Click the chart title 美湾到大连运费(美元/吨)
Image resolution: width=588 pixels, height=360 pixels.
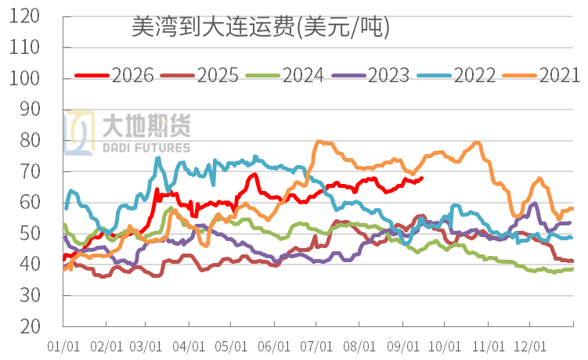[261, 27]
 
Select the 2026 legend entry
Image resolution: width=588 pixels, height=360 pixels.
[114, 75]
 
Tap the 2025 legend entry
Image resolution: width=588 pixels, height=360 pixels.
[200, 75]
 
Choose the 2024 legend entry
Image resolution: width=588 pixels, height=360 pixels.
[285, 75]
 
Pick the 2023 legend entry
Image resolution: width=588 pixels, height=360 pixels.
[370, 75]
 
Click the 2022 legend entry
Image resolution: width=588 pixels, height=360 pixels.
[456, 75]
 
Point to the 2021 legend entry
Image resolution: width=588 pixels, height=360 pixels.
[541, 75]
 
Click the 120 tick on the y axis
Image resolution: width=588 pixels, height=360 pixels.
[24, 16]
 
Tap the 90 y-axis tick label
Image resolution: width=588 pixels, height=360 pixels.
[30, 109]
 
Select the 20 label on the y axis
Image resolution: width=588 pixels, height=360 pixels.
[30, 326]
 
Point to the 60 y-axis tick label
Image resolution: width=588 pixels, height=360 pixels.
[30, 202]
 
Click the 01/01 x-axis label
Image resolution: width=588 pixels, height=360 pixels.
[63, 347]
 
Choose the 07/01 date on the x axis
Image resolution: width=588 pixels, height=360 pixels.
[316, 347]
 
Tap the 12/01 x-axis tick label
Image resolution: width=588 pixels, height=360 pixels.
[530, 347]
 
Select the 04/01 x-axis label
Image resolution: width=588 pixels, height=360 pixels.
[189, 347]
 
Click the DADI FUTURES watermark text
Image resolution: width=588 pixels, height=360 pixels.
[146, 148]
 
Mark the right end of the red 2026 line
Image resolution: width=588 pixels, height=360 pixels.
[422, 178]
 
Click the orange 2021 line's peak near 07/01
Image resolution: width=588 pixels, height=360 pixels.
[319, 142]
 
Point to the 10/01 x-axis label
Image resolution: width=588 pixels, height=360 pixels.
[445, 347]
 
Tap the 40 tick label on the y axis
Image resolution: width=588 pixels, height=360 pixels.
[30, 264]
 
